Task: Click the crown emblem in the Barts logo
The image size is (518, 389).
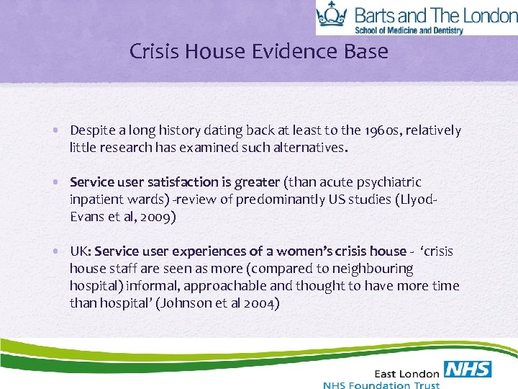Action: pyautogui.click(x=332, y=16)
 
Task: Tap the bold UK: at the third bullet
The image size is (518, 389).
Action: pyautogui.click(x=80, y=251)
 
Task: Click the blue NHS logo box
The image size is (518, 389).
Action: pyautogui.click(x=468, y=370)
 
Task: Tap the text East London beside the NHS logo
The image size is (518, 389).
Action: pyautogui.click(x=406, y=372)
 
